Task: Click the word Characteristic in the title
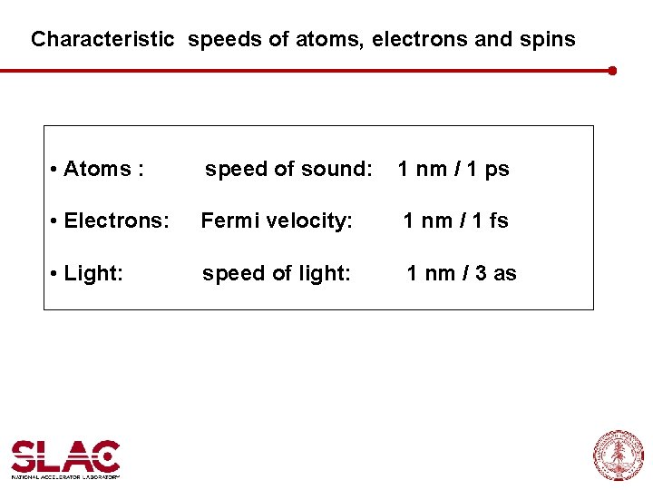click(102, 40)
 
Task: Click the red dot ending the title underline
click(612, 70)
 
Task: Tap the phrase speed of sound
click(288, 170)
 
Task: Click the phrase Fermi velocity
click(277, 220)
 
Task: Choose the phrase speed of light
click(276, 273)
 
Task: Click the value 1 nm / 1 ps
click(453, 170)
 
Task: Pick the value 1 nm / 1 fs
click(455, 220)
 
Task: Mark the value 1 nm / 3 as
click(462, 273)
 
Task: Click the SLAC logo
click(65, 455)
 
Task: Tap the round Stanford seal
click(619, 455)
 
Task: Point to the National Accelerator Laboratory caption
click(65, 475)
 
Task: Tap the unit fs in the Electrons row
click(498, 220)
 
